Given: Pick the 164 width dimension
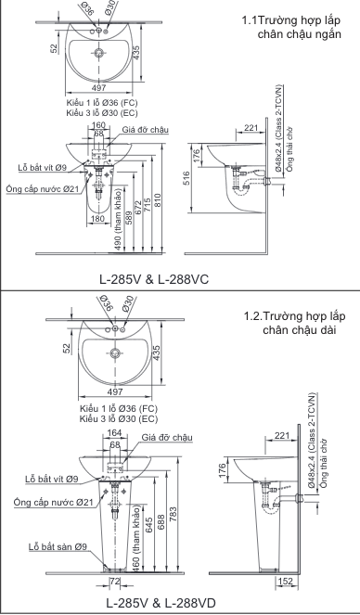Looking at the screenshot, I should (114, 432).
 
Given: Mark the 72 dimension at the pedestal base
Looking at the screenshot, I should (115, 581).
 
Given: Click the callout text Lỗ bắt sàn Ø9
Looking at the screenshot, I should (58, 546).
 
